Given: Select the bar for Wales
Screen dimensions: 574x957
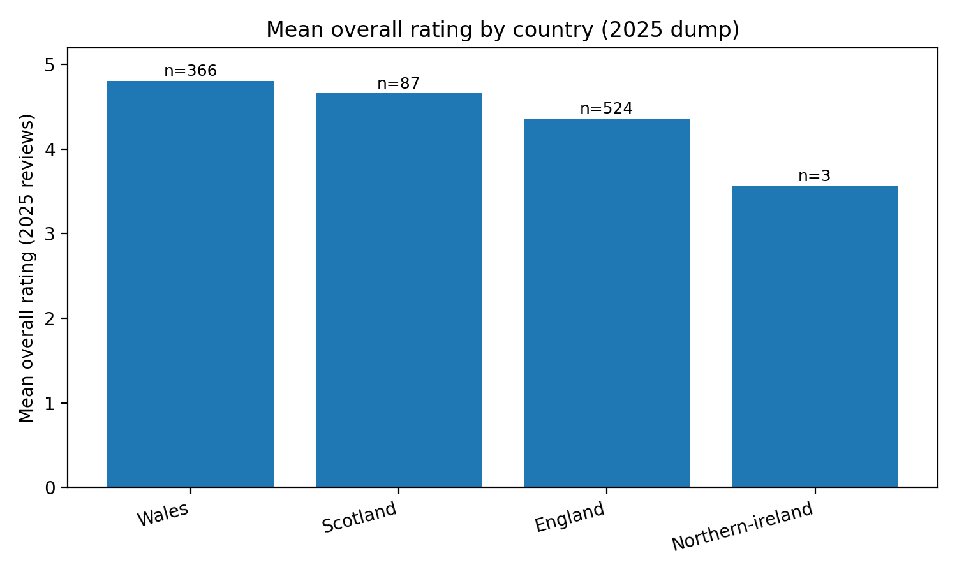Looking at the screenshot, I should [x=190, y=284].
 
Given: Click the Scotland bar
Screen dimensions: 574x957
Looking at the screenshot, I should [x=399, y=290].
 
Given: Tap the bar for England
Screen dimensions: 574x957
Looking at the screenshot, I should [x=607, y=303].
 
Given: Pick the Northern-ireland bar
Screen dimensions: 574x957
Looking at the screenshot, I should [x=815, y=336].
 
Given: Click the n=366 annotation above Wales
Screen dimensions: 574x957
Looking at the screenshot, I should [x=190, y=71].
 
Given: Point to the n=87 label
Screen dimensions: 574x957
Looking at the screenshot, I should [x=399, y=84].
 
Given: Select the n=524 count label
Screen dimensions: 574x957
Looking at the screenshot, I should [x=607, y=109].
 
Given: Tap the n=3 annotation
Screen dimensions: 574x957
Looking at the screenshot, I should [x=815, y=177].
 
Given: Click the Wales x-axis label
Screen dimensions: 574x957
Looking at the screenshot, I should [x=163, y=515].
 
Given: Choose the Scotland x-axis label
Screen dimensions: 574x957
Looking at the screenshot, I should [x=360, y=517].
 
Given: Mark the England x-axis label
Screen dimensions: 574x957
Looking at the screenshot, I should [x=570, y=517].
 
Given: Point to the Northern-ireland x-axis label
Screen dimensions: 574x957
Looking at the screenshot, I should [x=743, y=527].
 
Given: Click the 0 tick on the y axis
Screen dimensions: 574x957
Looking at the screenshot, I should [x=50, y=488].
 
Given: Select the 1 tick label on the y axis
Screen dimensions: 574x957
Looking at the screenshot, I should [x=50, y=403].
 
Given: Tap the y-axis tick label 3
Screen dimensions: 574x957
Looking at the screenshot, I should [x=50, y=234].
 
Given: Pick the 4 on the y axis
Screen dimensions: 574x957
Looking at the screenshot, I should [x=50, y=150].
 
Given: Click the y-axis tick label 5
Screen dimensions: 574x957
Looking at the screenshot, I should [x=50, y=65].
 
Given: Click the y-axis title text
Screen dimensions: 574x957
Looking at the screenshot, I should [x=27, y=268].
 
